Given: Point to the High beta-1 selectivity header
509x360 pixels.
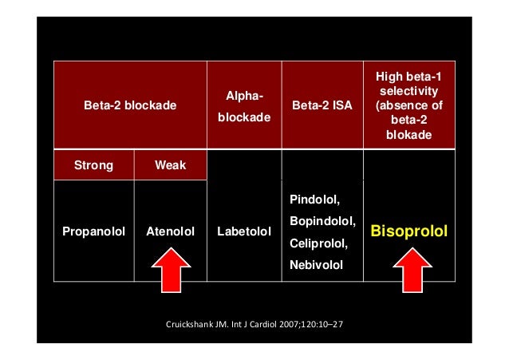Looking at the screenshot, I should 407,105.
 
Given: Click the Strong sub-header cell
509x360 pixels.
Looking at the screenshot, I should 93,165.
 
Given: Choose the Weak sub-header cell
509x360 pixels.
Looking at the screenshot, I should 170,165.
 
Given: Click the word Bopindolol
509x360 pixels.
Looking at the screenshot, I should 322,219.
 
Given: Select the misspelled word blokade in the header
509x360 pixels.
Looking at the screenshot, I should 407,135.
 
